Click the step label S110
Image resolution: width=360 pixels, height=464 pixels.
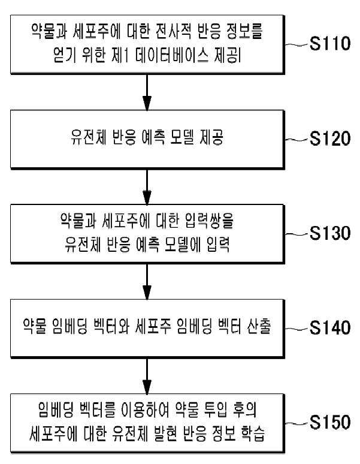point(330,44)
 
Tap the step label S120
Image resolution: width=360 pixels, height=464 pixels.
point(330,138)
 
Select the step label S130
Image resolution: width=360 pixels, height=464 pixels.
point(330,233)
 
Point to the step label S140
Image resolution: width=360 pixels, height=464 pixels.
point(330,328)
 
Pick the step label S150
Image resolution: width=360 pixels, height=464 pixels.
point(330,422)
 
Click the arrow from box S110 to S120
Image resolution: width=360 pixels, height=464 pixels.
point(147,92)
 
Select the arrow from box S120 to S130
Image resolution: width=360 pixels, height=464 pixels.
point(147,187)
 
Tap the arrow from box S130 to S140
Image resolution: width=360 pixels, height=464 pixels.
point(147,282)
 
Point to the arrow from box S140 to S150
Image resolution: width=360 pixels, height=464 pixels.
point(147,376)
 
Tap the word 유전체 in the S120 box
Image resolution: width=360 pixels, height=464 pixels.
point(89,137)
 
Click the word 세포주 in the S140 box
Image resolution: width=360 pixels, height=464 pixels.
point(153,326)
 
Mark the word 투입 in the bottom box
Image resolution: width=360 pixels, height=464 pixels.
point(216,410)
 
